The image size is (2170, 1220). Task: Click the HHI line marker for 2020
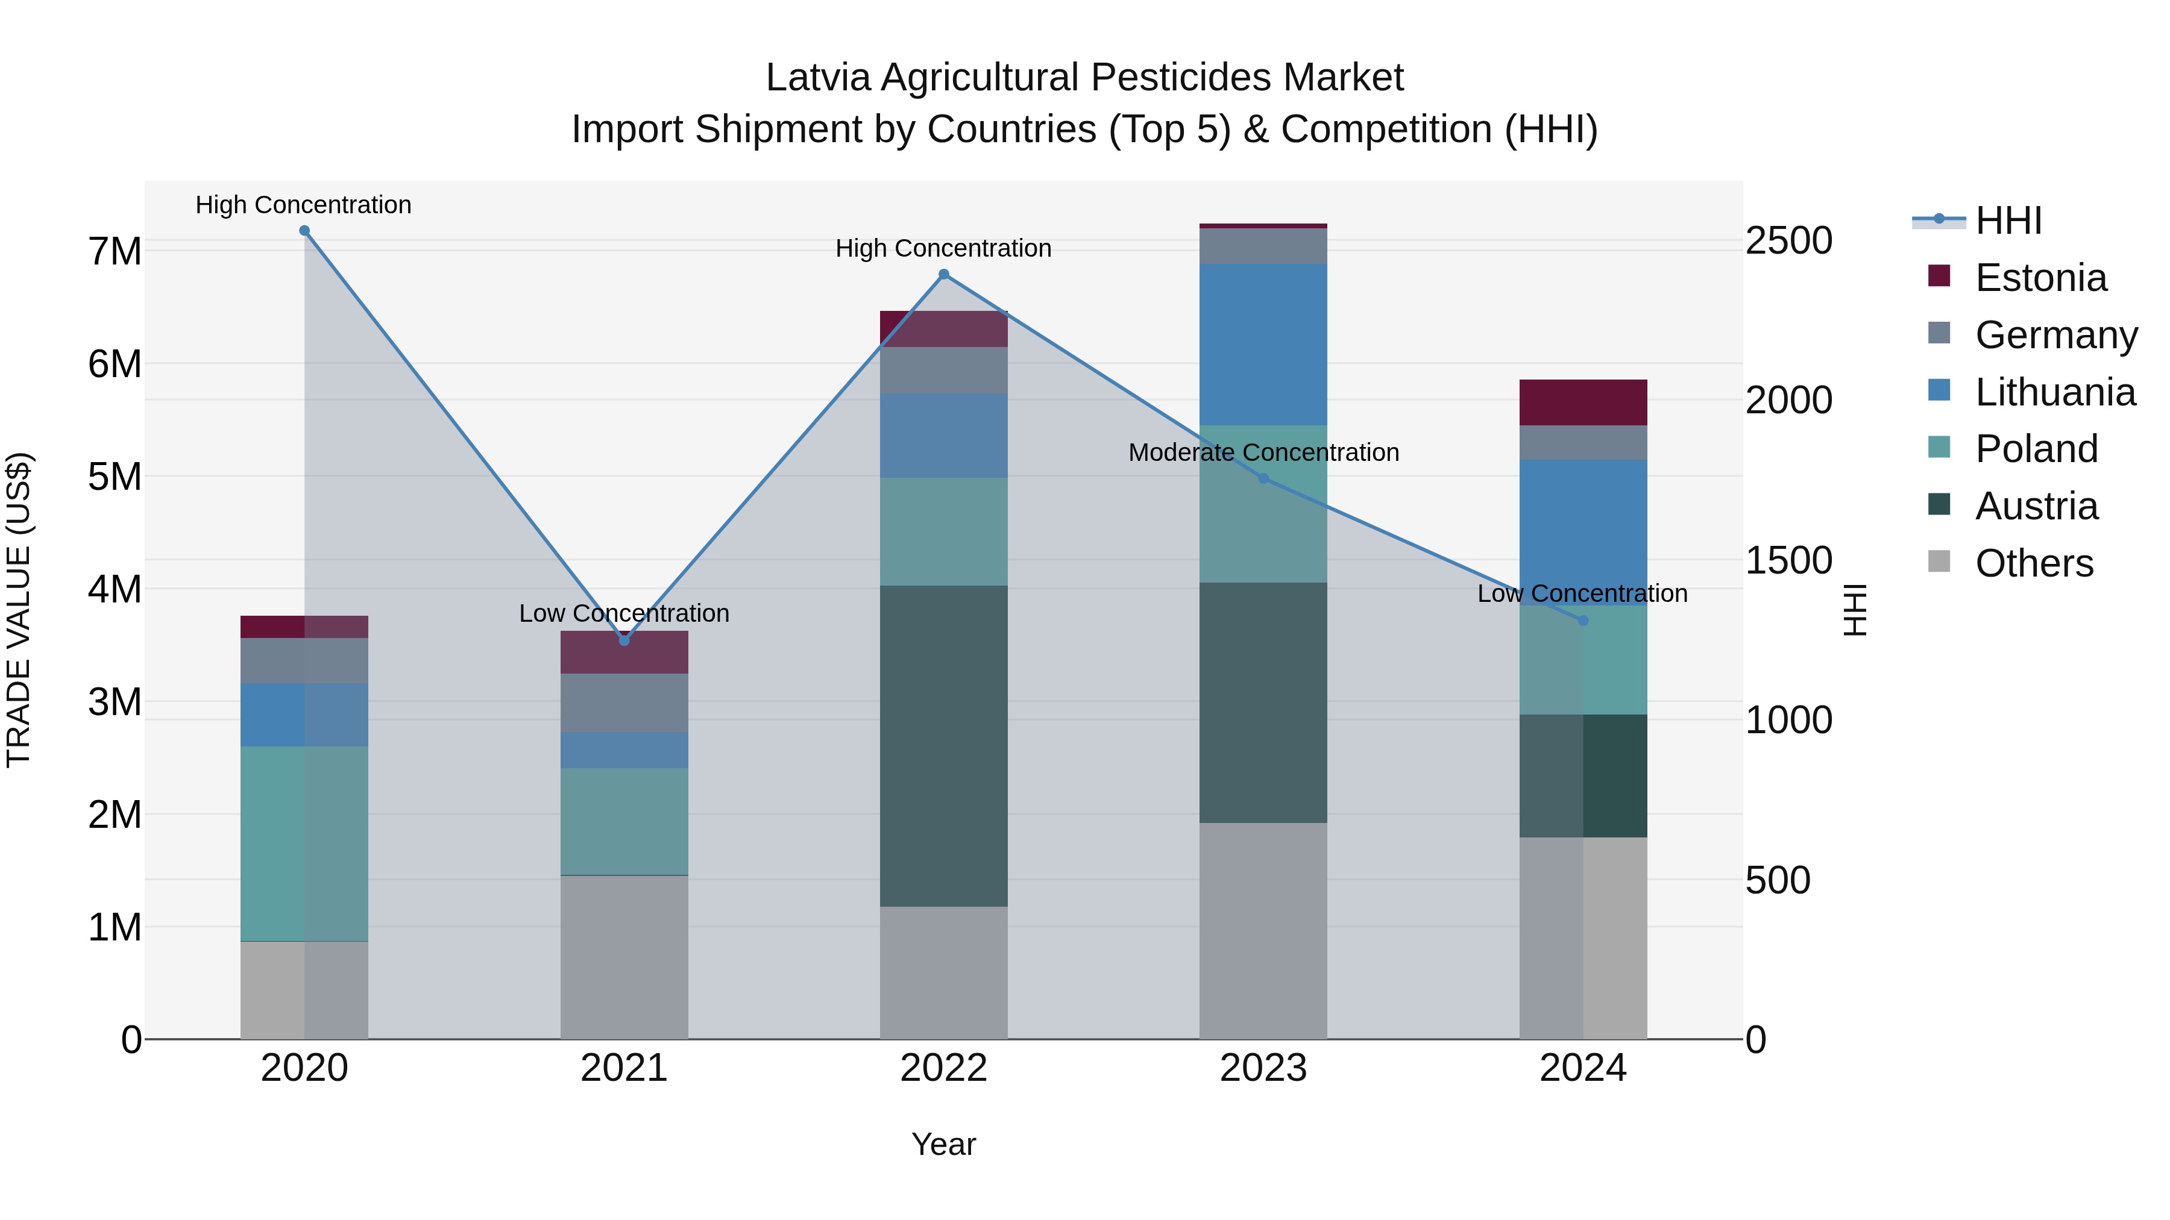point(304,231)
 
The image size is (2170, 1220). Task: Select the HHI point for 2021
point(624,641)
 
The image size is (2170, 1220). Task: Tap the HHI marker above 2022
point(943,275)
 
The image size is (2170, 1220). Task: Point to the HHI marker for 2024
point(1583,621)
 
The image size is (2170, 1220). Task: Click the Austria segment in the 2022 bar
point(943,745)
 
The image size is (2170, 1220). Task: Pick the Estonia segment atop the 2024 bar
point(1583,402)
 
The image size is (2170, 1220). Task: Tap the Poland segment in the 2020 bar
point(304,843)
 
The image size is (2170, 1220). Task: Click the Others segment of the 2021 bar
point(624,957)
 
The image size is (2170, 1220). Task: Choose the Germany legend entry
point(2055,334)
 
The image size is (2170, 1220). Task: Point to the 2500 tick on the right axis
point(1788,241)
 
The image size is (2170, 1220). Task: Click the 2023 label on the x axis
point(1263,1068)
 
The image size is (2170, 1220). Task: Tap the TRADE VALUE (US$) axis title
point(19,610)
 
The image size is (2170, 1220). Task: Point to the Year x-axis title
point(943,1144)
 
